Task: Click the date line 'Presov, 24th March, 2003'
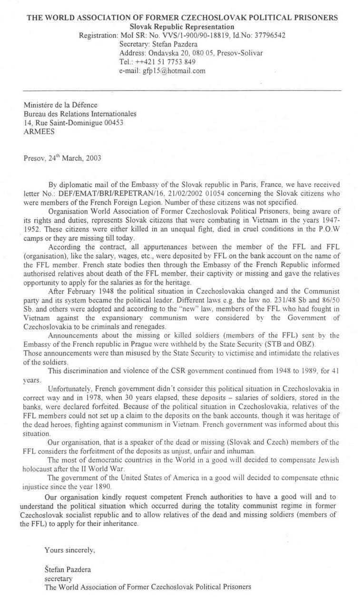point(62,158)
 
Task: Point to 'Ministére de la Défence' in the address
point(60,105)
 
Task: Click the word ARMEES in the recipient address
point(39,132)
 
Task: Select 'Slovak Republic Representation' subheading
point(182,27)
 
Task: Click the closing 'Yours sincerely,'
point(69,550)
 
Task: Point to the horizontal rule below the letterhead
point(182,90)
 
